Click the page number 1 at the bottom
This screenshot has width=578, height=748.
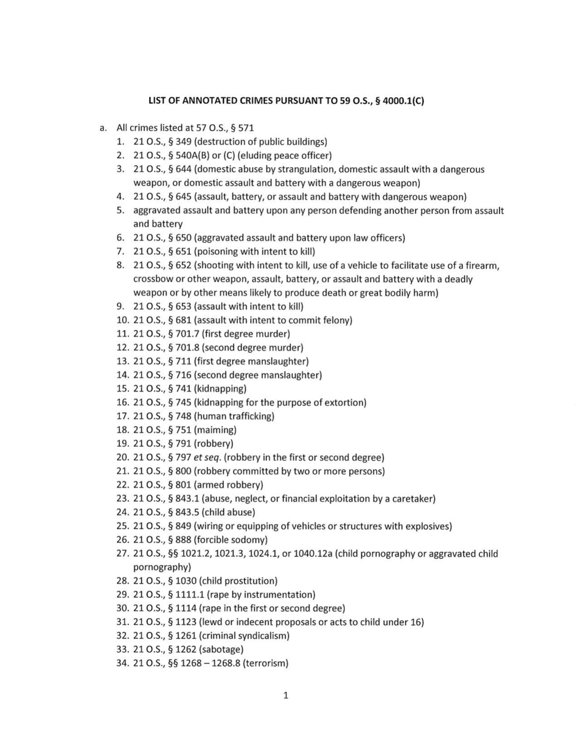[x=285, y=696]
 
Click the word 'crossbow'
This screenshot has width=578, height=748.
[x=153, y=279]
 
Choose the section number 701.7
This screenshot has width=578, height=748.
[x=188, y=334]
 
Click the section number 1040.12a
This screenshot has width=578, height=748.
[x=312, y=553]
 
